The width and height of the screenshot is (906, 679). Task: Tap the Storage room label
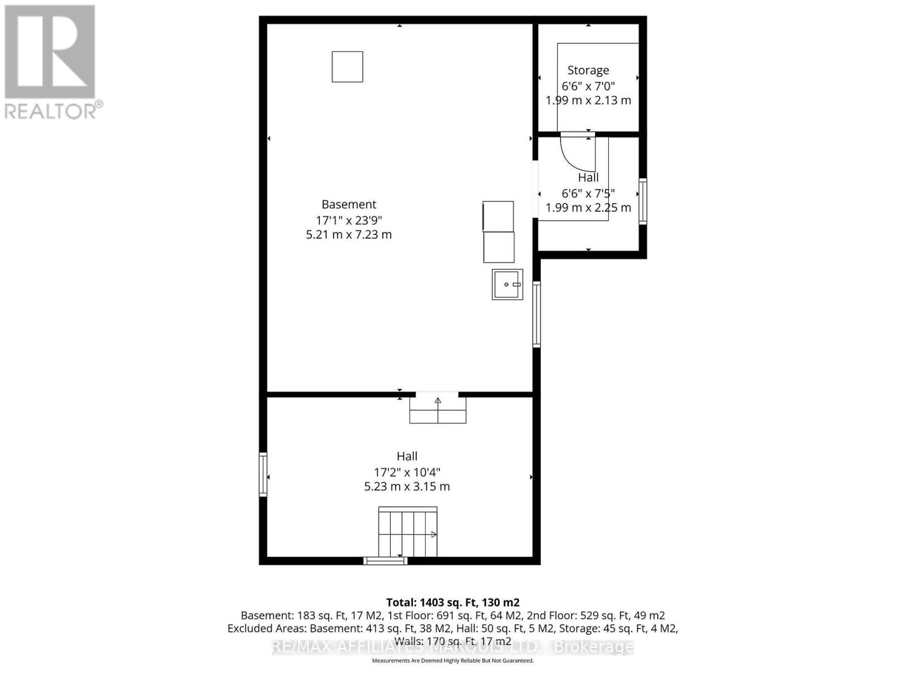[x=588, y=70]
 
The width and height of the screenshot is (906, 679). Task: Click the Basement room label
[x=349, y=204]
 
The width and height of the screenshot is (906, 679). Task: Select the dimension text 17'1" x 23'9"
[x=349, y=220]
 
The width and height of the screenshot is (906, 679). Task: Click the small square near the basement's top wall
[x=347, y=67]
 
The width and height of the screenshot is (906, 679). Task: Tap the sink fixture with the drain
[x=507, y=284]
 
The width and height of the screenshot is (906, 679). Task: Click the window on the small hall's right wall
[x=643, y=201]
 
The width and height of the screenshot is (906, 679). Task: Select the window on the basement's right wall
[x=536, y=314]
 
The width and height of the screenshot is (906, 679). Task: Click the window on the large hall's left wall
[x=263, y=474]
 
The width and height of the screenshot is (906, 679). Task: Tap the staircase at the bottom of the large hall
[x=408, y=532]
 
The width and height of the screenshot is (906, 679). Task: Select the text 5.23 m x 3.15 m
[x=407, y=487]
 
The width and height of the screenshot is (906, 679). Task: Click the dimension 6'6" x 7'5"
[x=588, y=193]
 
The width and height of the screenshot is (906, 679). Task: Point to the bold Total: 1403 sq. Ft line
[x=452, y=603]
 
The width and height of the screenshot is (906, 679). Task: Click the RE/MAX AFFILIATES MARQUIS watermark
[x=452, y=647]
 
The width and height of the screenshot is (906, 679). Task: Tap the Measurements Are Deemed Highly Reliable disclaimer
[x=452, y=660]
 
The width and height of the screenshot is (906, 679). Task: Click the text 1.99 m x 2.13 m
[x=588, y=100]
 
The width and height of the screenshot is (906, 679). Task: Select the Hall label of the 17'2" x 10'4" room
[x=407, y=456]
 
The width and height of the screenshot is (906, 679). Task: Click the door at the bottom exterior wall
[x=385, y=561]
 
